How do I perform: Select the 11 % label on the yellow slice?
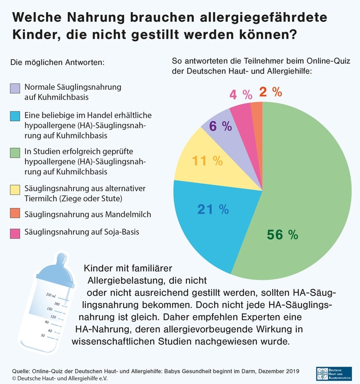207,161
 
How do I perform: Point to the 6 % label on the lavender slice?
220,126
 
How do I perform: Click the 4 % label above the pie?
241,95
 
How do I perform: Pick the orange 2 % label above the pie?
270,92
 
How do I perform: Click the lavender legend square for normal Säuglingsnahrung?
15,88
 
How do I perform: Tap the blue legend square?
15,117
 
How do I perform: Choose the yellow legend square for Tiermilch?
15,190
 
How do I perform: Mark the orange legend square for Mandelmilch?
15,215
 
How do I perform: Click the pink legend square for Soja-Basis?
15,233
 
